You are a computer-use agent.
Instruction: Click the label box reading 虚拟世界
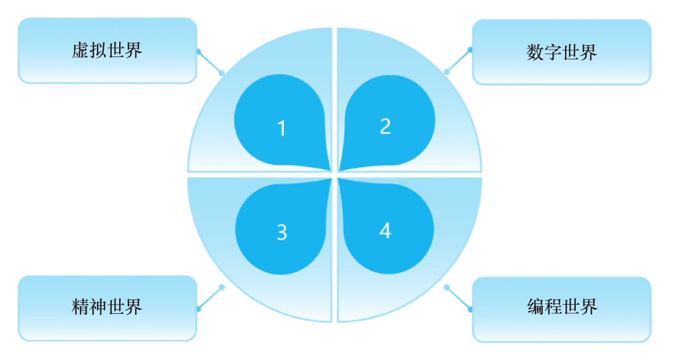[107, 51]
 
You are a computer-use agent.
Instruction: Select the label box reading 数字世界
[562, 52]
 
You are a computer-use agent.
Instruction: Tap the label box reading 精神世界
[107, 308]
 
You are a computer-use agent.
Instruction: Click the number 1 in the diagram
[281, 129]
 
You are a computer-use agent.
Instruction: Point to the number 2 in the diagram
[385, 127]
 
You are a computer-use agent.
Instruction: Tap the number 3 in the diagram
[282, 233]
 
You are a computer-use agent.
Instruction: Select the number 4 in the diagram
[385, 231]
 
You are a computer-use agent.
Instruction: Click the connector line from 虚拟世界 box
[210, 62]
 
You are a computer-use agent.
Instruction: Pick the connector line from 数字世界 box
[458, 60]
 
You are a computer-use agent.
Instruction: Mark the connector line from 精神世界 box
[210, 298]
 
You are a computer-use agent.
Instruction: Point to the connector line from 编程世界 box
[458, 298]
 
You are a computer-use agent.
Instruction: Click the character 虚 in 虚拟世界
[81, 51]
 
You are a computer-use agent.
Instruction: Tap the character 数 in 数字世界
[535, 52]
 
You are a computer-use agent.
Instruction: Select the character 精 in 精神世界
[81, 308]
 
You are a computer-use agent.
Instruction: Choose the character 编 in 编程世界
[535, 308]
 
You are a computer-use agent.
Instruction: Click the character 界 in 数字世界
[588, 52]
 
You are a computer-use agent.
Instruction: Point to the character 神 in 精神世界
[98, 308]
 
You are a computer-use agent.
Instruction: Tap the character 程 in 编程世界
[553, 308]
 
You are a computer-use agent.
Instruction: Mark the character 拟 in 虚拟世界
[98, 51]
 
